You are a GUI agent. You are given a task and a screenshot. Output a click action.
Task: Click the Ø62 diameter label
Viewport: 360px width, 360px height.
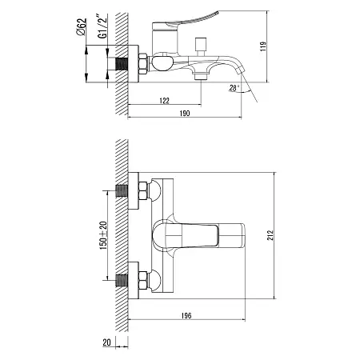(x=82, y=26)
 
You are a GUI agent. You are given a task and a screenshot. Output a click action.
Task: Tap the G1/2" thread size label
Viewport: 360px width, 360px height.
(x=102, y=26)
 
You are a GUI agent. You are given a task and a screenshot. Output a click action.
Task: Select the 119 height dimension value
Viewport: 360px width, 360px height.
(x=263, y=46)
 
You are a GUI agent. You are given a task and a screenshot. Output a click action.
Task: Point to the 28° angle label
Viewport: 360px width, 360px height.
(x=234, y=87)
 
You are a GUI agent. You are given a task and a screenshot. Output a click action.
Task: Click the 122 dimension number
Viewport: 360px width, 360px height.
(x=164, y=101)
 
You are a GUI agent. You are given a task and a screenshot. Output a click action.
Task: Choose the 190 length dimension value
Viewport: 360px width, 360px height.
(x=185, y=114)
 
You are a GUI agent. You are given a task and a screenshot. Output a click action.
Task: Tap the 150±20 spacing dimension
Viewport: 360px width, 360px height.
(x=103, y=235)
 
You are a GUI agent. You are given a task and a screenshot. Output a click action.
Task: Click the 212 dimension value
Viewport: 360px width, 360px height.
(x=270, y=235)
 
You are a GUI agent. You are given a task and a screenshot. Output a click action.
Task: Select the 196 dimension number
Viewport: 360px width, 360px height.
(x=186, y=316)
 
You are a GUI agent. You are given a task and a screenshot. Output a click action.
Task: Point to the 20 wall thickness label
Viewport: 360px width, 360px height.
(x=106, y=342)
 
